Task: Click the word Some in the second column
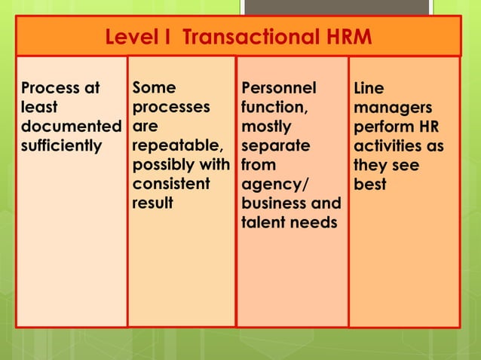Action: (x=154, y=88)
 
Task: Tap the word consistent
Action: (x=170, y=184)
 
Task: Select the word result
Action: (x=152, y=203)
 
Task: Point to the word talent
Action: (x=261, y=222)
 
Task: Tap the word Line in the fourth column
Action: (x=369, y=89)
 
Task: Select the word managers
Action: (x=388, y=108)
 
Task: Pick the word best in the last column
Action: (x=370, y=184)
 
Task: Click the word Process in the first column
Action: (x=49, y=88)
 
